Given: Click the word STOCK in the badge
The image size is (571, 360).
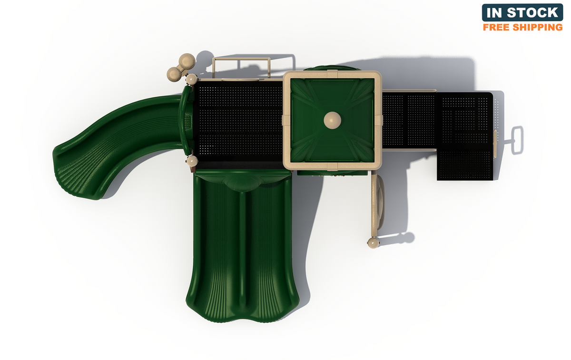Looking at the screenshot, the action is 532,13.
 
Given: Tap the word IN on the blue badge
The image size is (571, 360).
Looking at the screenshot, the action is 494,13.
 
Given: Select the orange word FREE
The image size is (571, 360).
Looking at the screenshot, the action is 496,27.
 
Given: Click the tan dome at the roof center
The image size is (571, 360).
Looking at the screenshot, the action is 333,120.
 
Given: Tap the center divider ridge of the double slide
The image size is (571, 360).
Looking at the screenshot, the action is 242,250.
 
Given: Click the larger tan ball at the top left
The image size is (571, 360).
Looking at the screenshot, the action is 187,61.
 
